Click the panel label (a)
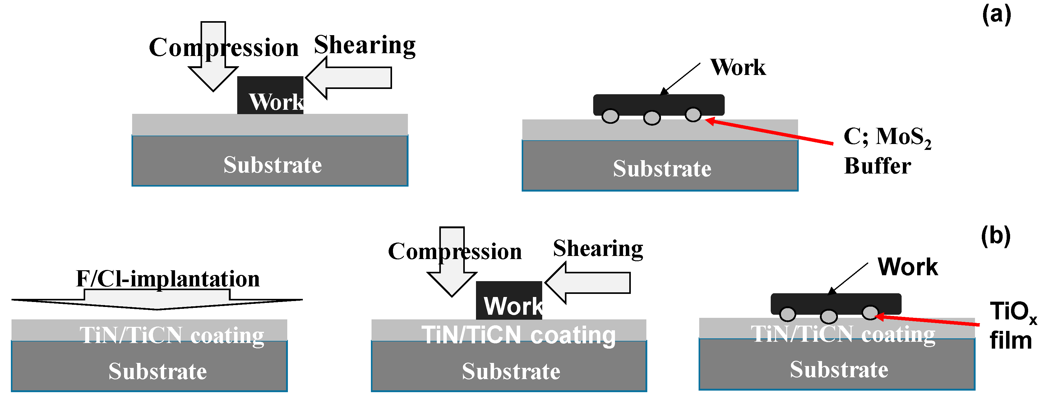pyautogui.click(x=996, y=16)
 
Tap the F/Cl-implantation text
pyautogui.click(x=168, y=279)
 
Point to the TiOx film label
pyautogui.click(x=1012, y=325)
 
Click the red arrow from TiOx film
pyautogui.click(x=928, y=320)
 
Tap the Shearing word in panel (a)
pyautogui.click(x=365, y=45)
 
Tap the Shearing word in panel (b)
pyautogui.click(x=598, y=248)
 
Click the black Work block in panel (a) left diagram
pyautogui.click(x=270, y=95)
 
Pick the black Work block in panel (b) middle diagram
pyautogui.click(x=509, y=300)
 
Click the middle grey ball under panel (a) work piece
pyautogui.click(x=652, y=118)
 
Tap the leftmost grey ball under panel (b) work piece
pyautogui.click(x=788, y=314)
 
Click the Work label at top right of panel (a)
pyautogui.click(x=738, y=67)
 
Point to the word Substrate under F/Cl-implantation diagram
pyautogui.click(x=158, y=371)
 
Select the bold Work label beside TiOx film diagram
pyautogui.click(x=908, y=267)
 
